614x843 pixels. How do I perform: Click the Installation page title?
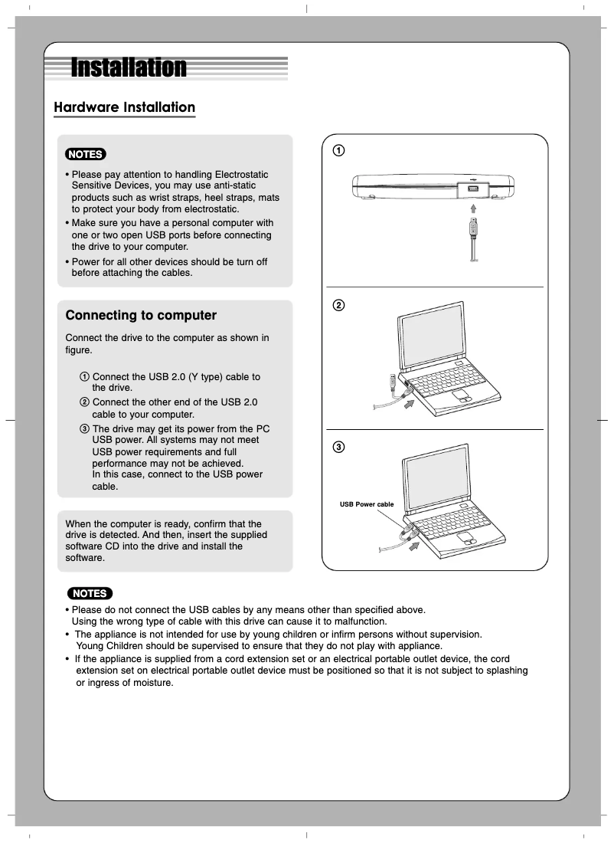(x=129, y=68)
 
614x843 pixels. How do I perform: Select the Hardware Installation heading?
(x=124, y=107)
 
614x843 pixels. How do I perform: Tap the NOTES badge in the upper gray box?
(x=86, y=154)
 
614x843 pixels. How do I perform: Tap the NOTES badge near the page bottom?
(x=89, y=593)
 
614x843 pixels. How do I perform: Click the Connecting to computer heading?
(x=141, y=316)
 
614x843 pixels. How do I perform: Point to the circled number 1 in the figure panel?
(x=337, y=149)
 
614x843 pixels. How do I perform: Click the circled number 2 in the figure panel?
(x=337, y=305)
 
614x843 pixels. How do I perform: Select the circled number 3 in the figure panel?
(x=337, y=447)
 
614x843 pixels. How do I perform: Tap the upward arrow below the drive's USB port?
(x=474, y=208)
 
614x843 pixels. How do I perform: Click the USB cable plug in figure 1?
(x=475, y=228)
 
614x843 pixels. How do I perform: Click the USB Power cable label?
(x=367, y=504)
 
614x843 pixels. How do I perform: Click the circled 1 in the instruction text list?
(x=84, y=377)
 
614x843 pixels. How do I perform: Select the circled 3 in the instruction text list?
(x=84, y=428)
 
